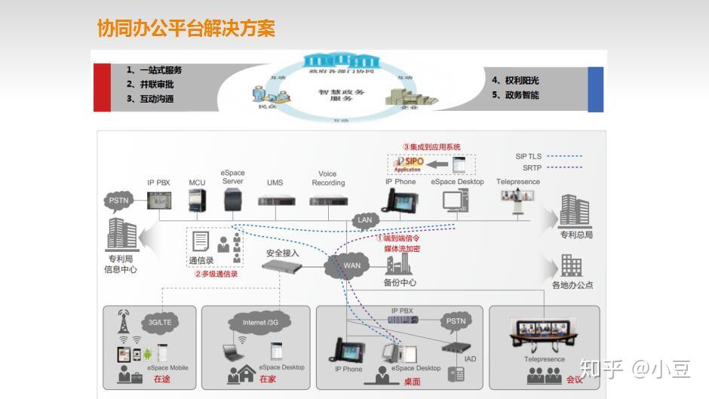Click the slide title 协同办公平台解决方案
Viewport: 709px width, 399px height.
(186, 29)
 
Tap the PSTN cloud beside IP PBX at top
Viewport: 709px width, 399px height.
(119, 201)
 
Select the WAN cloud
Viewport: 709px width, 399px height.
(351, 265)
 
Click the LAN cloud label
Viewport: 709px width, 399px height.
(365, 220)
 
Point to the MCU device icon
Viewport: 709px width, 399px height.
(197, 200)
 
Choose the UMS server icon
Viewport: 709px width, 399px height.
(275, 201)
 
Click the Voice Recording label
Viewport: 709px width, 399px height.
(328, 178)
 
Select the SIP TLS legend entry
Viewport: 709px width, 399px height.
(531, 156)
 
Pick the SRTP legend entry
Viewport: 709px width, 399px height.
(531, 167)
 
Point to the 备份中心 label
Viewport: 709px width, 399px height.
(400, 283)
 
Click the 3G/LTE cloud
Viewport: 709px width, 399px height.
(159, 322)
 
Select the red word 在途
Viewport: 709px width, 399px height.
(161, 379)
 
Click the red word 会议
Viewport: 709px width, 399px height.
(574, 379)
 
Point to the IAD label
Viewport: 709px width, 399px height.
(470, 359)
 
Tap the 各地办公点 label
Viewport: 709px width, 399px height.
(572, 285)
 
